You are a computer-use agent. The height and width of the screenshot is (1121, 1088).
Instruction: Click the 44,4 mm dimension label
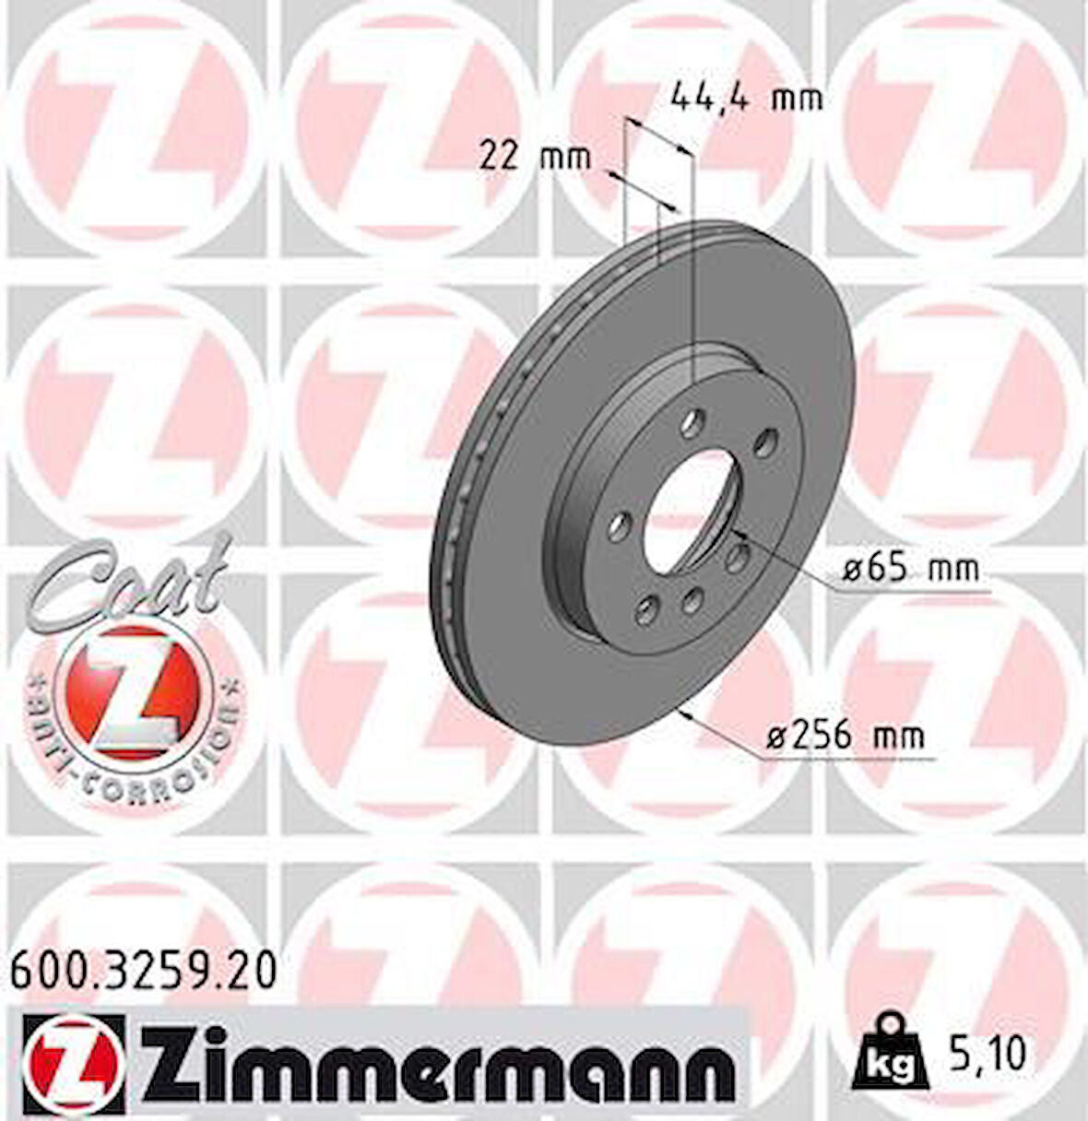click(746, 96)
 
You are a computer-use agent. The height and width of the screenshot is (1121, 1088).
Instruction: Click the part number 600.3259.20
click(143, 971)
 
